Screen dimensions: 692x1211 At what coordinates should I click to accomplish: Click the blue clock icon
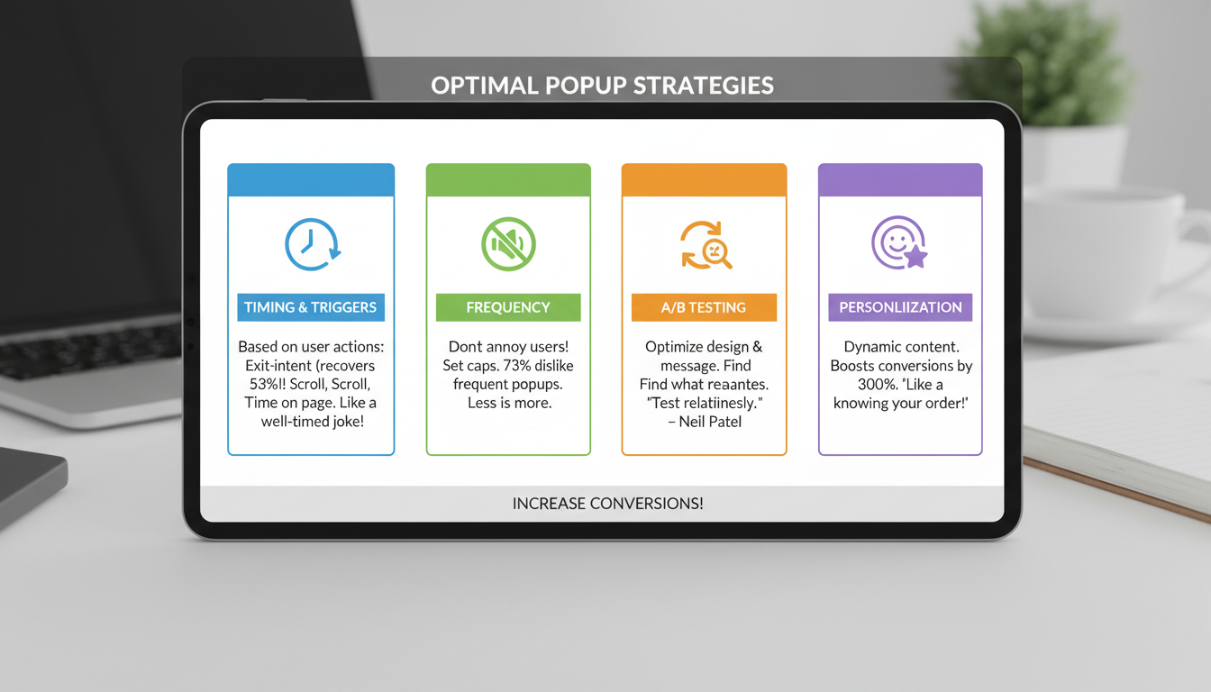312,244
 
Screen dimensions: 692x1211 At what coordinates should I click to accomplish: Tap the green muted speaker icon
508,244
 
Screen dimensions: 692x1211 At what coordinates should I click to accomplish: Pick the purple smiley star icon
899,244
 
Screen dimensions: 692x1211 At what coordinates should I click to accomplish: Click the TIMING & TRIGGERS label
311,307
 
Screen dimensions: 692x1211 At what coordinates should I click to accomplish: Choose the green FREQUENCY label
508,307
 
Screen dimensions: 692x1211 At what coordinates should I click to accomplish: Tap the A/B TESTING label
704,307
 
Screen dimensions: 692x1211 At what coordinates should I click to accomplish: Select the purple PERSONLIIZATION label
900,307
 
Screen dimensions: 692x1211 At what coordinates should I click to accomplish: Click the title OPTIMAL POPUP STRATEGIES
602,86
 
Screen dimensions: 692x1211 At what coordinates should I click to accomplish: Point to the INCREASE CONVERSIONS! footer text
607,504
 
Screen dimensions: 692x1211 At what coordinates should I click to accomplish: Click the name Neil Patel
716,422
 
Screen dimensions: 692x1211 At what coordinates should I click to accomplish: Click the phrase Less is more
509,403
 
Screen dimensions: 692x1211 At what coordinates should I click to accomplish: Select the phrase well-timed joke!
312,422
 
